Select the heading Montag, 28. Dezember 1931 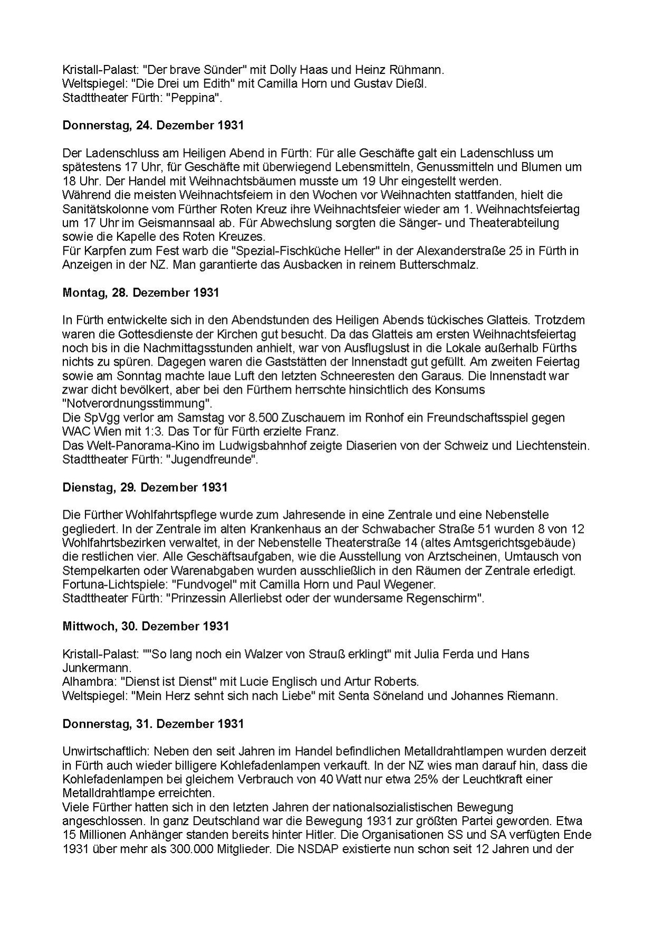[140, 293]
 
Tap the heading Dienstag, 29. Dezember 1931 [145, 487]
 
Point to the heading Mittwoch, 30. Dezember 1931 [146, 626]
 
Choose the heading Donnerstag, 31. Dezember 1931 [153, 723]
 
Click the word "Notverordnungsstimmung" [134, 404]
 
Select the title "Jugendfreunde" [212, 459]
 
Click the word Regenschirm [439, 598]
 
